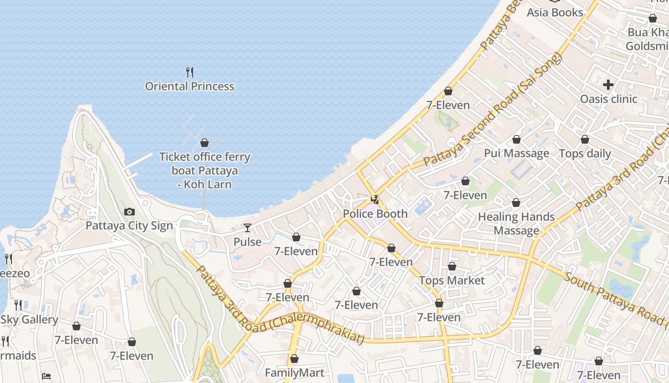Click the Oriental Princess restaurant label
190,87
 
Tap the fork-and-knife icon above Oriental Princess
190,72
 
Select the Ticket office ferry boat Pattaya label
205,170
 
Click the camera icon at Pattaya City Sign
129,212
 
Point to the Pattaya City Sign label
129,225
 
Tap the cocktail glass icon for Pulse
248,228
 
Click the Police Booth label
375,214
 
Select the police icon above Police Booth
376,200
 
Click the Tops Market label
452,281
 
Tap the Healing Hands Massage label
516,224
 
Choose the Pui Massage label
516,154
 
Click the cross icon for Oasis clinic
608,85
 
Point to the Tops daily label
584,154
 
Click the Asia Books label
555,12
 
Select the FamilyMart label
294,373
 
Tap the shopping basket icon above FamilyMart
294,359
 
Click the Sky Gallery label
29,320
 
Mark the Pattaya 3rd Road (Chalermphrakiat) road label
280,306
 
